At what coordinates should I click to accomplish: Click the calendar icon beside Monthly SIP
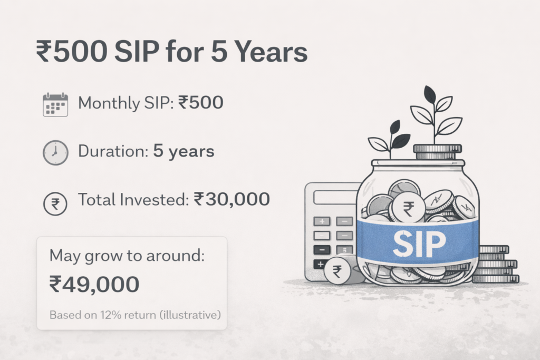(x=55, y=105)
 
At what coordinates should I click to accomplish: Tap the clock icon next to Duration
(x=55, y=152)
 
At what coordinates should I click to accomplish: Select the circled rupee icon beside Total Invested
(x=55, y=204)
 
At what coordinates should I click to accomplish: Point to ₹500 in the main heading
(x=71, y=52)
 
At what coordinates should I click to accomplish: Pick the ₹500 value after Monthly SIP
(x=201, y=103)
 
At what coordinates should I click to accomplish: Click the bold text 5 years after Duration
(x=184, y=151)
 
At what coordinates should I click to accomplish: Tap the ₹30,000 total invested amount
(x=232, y=199)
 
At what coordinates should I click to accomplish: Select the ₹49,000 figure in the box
(x=94, y=284)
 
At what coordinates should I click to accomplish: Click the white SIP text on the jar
(x=419, y=244)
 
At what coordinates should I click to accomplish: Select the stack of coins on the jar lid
(x=437, y=152)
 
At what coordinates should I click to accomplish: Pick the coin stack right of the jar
(x=496, y=264)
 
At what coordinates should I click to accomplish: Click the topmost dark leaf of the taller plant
(x=430, y=94)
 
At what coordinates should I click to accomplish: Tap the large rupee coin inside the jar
(x=409, y=208)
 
